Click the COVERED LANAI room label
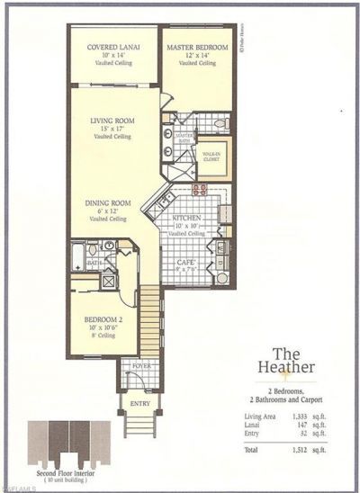click(112, 47)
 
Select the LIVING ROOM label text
click(112, 120)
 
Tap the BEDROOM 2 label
click(98, 318)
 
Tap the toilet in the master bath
click(218, 122)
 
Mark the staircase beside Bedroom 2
click(148, 315)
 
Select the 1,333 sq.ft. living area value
click(302, 417)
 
